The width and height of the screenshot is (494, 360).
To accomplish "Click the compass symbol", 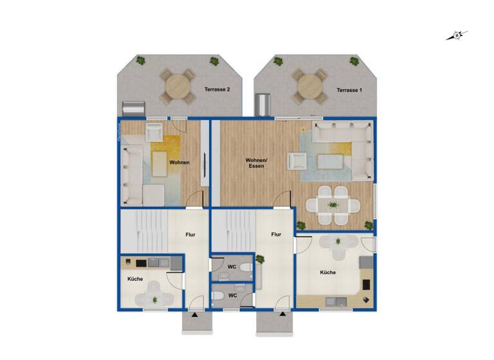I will (x=457, y=36).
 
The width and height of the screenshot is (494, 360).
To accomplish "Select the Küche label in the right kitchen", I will (x=328, y=273).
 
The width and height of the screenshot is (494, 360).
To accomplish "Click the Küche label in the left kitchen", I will (x=134, y=279).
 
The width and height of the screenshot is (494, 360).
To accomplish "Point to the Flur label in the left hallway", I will (x=191, y=235).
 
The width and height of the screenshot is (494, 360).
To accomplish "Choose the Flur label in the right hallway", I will (x=276, y=235).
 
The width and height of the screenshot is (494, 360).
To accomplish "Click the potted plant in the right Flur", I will (x=261, y=259).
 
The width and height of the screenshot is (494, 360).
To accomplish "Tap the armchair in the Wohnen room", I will (x=154, y=133).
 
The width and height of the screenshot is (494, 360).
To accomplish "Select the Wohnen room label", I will (x=179, y=163).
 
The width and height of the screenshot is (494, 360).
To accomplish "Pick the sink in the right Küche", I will (x=337, y=300).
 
